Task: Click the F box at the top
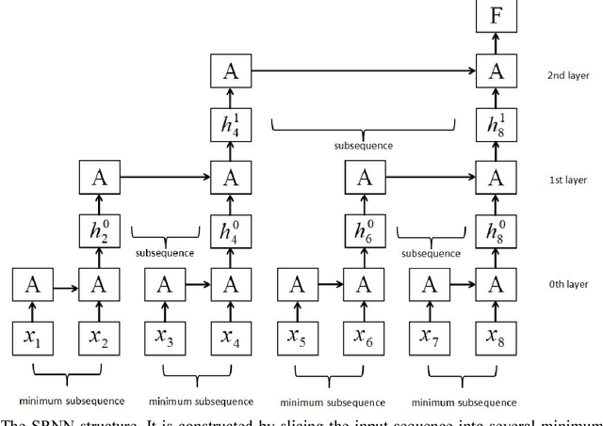[x=496, y=17]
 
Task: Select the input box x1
[x=31, y=337]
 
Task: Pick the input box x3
[x=165, y=337]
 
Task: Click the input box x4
[x=229, y=337]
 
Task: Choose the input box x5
[x=298, y=337]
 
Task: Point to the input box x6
[x=363, y=337]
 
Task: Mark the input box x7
[x=432, y=337]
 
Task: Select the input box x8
[x=496, y=337]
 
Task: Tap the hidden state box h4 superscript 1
[x=229, y=123]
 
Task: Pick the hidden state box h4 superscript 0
[x=229, y=230]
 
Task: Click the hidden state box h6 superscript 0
[x=363, y=230]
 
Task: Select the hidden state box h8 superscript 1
[x=496, y=123]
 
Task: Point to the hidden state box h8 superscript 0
[x=496, y=230]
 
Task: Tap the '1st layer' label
[x=567, y=178]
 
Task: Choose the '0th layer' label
[x=567, y=284]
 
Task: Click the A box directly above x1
[x=31, y=284]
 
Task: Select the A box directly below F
[x=496, y=71]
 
